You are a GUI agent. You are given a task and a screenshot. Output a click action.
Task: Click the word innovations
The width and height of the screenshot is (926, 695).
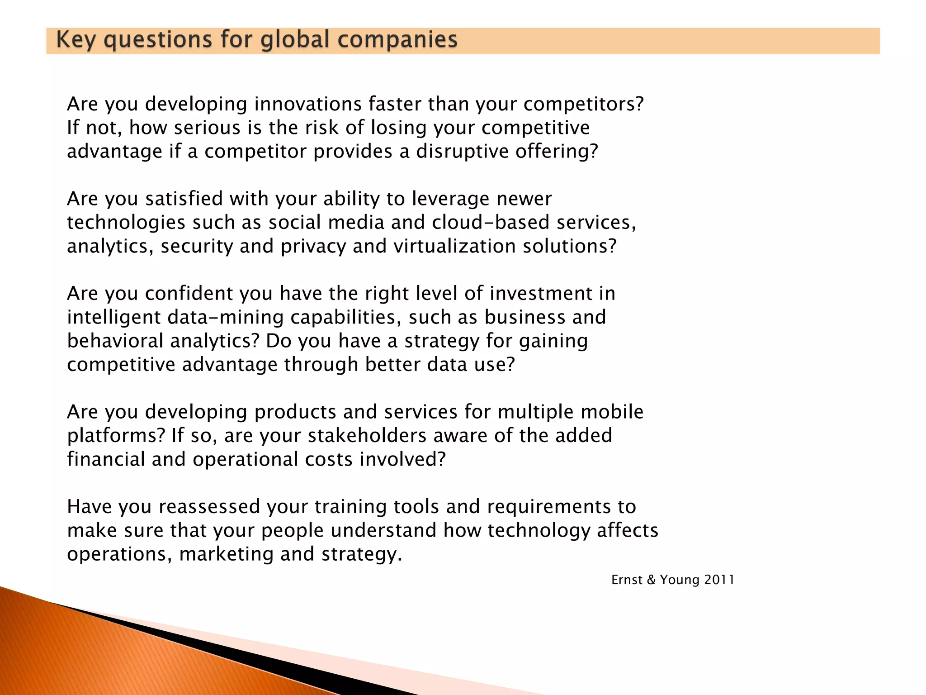click(x=308, y=104)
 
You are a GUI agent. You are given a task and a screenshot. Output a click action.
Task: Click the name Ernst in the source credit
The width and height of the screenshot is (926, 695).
click(x=627, y=580)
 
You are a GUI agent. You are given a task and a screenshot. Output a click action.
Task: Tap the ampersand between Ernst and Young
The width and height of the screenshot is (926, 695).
click(x=651, y=580)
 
